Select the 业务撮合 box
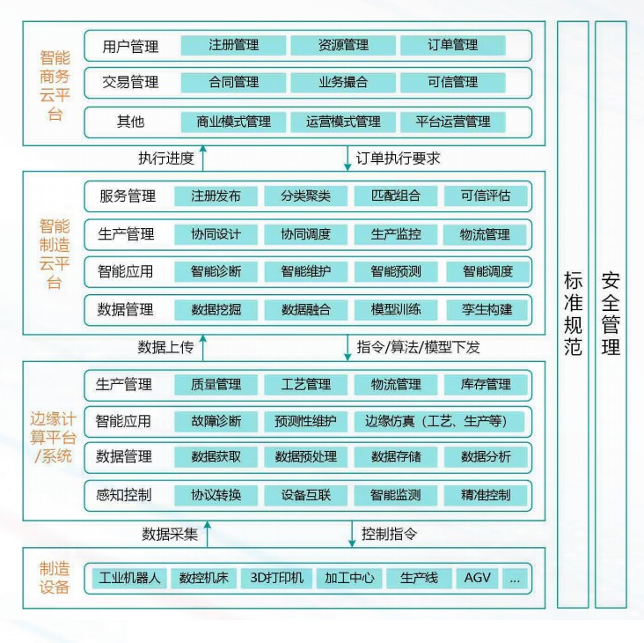click(x=343, y=83)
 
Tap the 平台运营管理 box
click(x=452, y=122)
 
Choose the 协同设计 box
click(x=216, y=235)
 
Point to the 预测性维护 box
click(x=305, y=421)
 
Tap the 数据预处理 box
click(x=305, y=457)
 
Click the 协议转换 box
click(x=216, y=495)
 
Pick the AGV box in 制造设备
click(x=478, y=579)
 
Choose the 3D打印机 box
click(x=276, y=579)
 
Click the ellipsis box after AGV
click(x=515, y=579)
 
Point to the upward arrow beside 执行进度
click(x=203, y=159)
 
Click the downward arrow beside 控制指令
click(x=348, y=535)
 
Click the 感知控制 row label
click(x=124, y=495)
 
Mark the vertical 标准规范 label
click(x=573, y=314)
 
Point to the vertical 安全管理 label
click(x=611, y=314)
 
